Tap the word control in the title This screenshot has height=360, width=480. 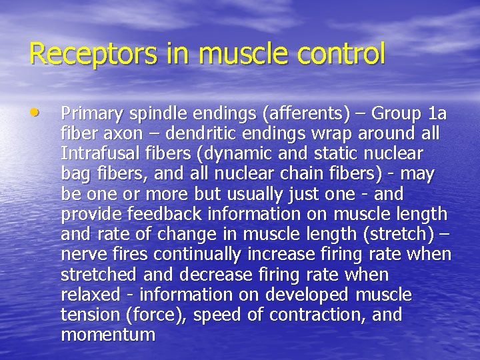344,54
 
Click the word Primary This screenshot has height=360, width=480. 89,115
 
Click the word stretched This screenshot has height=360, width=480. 97,275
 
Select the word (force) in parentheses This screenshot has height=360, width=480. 157,315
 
